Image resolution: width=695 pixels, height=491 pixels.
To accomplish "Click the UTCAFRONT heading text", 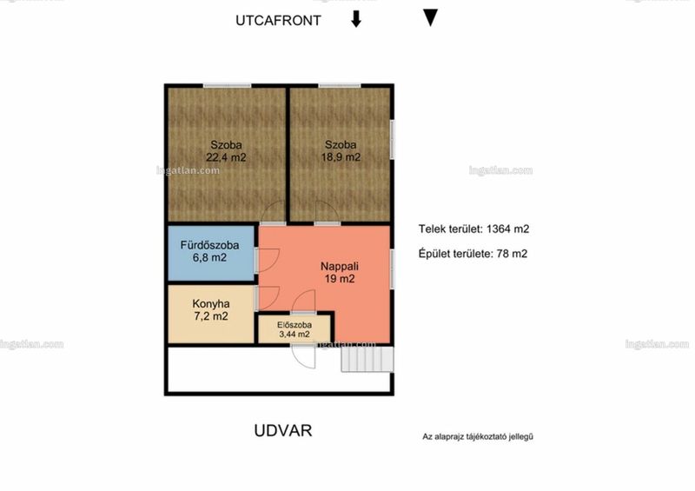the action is pos(278,20).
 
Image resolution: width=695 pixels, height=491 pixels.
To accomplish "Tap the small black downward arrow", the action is pos(356,19).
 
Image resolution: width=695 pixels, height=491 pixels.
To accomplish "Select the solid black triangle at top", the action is pos(430,17).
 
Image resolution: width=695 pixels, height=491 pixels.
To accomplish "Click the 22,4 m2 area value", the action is pos(226,157).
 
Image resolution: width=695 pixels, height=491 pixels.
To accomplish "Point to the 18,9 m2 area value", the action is pos(341,157).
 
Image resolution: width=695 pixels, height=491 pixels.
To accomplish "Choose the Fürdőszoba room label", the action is pos(209,245).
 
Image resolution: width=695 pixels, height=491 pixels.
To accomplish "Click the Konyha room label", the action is pos(211,304).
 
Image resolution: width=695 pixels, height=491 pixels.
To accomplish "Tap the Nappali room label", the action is pos(340,266).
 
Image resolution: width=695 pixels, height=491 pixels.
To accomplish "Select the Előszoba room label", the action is pos(295,325).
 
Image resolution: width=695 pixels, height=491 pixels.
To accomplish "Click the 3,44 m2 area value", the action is pos(295,335).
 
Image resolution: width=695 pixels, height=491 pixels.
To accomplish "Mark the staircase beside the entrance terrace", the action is pos(367,359).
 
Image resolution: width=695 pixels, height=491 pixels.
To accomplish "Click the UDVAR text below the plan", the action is pos(283,431).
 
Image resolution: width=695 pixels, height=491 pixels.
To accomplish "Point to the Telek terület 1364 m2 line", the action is pos(473,229).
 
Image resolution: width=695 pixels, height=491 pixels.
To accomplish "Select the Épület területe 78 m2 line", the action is pos(473,254).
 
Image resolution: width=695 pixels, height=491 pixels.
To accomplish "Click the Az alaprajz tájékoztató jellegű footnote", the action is pos(478,436).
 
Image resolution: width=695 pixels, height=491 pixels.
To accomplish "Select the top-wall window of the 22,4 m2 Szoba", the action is pos(228,86).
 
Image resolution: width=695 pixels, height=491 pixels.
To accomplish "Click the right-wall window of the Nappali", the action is pos(392,269).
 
